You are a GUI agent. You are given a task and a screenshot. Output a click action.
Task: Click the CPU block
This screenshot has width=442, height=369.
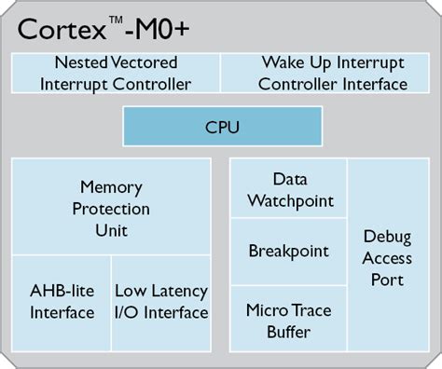click(x=221, y=125)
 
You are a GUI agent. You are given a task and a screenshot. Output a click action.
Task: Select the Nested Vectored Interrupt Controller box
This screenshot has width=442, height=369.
click(x=116, y=75)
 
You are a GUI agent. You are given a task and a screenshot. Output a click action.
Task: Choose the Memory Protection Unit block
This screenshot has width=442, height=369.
click(x=111, y=208)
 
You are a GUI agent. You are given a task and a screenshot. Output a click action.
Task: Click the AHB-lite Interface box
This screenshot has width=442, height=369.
click(x=61, y=302)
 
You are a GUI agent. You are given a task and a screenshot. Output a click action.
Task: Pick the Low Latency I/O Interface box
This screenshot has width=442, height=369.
click(x=161, y=302)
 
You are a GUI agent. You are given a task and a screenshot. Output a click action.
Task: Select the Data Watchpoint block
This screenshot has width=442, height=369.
click(x=288, y=189)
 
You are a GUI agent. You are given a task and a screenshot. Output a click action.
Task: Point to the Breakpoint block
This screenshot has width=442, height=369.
click(x=288, y=252)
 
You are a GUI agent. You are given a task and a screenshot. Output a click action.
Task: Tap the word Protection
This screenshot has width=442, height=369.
click(x=111, y=208)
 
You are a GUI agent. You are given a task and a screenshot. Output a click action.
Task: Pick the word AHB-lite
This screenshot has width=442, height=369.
click(x=62, y=292)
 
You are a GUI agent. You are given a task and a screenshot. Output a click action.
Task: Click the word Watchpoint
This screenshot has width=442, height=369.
click(x=288, y=199)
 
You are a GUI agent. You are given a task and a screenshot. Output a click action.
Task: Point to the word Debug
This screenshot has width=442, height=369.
click(x=387, y=237)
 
